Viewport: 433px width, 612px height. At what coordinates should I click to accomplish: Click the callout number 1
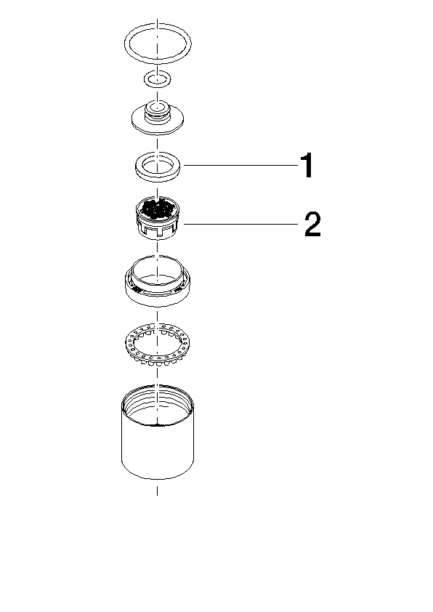click(308, 166)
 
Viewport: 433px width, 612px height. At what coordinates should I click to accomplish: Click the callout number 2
click(313, 224)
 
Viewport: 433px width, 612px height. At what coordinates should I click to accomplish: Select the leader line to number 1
click(240, 166)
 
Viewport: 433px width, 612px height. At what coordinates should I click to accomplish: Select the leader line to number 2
click(240, 224)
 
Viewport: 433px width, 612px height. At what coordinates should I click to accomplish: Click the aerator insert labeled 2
click(157, 218)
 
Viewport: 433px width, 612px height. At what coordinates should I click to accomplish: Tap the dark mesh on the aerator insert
click(156, 209)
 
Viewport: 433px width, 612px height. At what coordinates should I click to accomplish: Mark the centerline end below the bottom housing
click(157, 496)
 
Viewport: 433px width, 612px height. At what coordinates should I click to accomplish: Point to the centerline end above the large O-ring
click(157, 18)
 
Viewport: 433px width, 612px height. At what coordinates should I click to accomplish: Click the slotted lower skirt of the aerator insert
click(157, 230)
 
